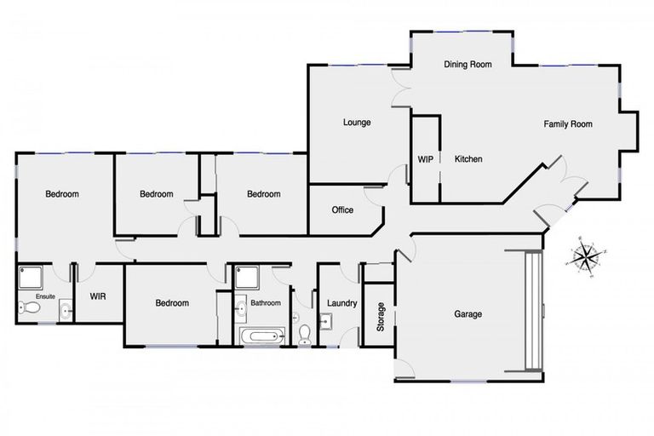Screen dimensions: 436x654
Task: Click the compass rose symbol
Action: [x=586, y=255]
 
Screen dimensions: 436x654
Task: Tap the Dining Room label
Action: [x=468, y=64]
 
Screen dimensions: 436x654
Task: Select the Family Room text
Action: [x=568, y=124]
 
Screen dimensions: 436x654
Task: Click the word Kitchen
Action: [x=468, y=159]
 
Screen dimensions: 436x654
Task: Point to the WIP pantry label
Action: [x=425, y=159]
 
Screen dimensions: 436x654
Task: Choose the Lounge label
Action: [x=357, y=123]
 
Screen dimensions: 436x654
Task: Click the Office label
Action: [x=342, y=209]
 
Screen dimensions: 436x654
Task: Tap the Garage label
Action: [x=468, y=314]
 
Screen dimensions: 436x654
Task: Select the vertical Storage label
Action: [x=381, y=317]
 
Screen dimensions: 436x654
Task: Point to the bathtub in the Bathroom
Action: [x=260, y=336]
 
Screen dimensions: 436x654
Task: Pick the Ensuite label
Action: [x=44, y=296]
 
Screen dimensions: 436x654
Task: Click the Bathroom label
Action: [x=266, y=302]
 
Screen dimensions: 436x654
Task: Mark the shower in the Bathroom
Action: [x=247, y=276]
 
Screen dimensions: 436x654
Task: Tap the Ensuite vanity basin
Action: [x=66, y=312]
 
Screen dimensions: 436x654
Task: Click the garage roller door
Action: [x=533, y=311]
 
